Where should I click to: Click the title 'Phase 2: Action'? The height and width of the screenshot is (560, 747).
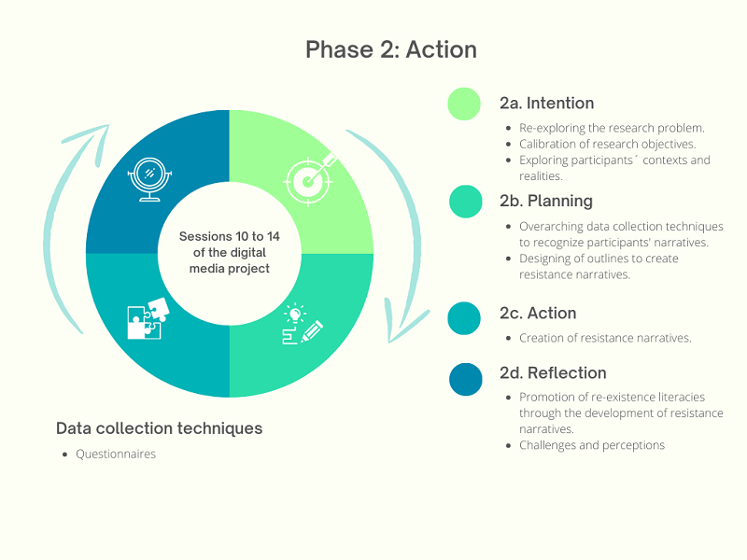[390, 49]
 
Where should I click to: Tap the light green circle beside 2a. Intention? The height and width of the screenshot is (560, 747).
[464, 104]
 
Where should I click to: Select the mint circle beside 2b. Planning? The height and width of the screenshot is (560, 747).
[465, 201]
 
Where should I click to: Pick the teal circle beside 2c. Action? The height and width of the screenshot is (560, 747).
[464, 317]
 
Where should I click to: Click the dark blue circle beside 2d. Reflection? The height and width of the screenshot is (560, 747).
[465, 378]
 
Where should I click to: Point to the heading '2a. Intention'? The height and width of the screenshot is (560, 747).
[546, 104]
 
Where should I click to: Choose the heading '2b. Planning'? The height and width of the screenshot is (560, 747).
[545, 201]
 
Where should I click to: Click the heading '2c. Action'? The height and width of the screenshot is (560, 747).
[537, 313]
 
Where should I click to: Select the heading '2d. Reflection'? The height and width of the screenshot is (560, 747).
[553, 373]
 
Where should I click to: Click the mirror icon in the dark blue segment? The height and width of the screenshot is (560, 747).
[148, 177]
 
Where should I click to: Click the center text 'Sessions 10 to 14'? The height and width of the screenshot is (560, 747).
[229, 236]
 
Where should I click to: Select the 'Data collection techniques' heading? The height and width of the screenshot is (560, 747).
[159, 428]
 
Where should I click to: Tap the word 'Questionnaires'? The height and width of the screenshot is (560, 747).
[116, 455]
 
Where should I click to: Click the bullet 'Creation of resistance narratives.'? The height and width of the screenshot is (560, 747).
[605, 338]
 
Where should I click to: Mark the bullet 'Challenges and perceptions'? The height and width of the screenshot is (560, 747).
[592, 445]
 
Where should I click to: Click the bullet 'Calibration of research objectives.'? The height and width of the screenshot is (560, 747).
[608, 144]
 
